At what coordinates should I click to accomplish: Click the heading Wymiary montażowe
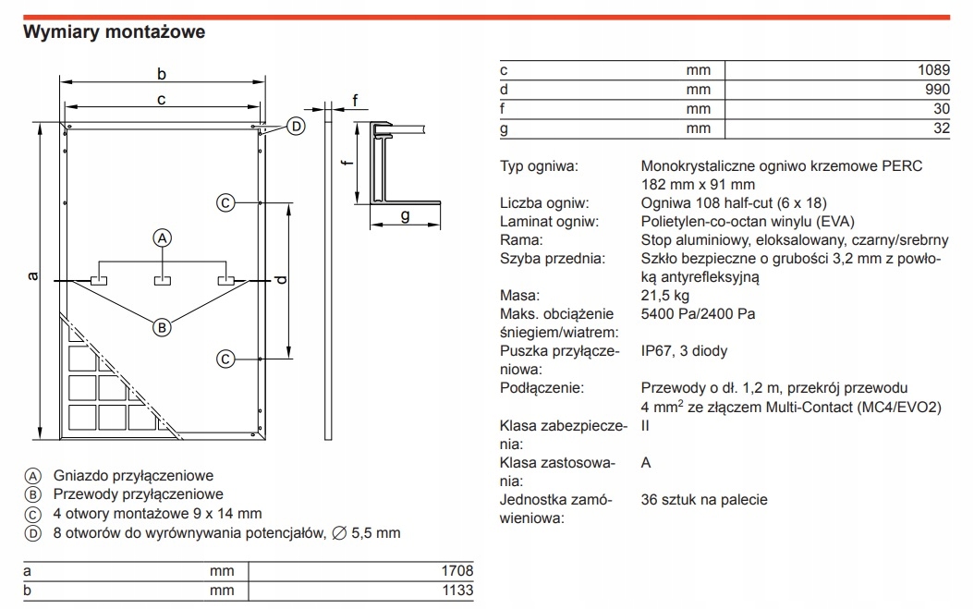[x=114, y=32]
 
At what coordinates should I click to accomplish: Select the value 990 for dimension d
[x=935, y=89]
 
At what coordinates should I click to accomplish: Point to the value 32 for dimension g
[x=941, y=128]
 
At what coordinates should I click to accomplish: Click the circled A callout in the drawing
[x=163, y=238]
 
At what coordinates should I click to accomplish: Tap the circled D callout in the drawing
[x=295, y=127]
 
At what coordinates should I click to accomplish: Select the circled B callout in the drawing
[x=163, y=325]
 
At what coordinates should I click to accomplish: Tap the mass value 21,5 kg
[x=665, y=296]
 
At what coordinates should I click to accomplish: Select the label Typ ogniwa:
[x=539, y=166]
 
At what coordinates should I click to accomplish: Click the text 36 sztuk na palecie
[x=703, y=500]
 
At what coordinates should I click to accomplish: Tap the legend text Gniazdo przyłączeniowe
[x=134, y=476]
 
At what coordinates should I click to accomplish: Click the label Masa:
[x=519, y=296]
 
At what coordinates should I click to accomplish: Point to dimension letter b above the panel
[x=162, y=74]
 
